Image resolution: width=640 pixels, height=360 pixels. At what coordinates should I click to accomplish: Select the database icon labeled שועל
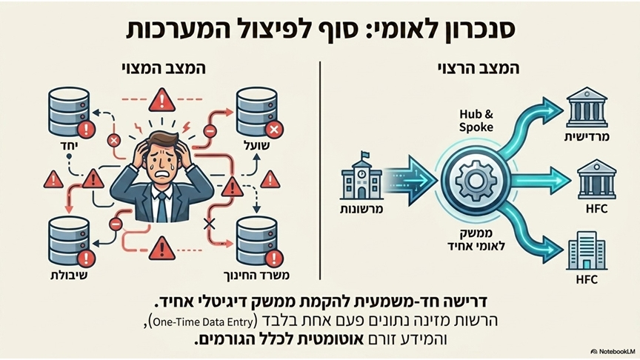point(257,112)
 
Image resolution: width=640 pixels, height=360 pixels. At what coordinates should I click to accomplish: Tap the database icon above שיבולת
point(69,241)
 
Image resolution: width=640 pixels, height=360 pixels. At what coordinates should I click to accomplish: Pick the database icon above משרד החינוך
point(257,241)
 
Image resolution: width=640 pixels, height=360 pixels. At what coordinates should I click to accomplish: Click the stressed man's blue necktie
point(161,207)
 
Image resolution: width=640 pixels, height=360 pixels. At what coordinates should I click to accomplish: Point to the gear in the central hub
point(476,180)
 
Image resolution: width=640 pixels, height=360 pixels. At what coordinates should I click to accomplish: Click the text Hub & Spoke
point(476,121)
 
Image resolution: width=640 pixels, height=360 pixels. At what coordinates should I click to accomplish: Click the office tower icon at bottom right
point(587,250)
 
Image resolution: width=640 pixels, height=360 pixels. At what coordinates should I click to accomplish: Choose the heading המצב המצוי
point(163,68)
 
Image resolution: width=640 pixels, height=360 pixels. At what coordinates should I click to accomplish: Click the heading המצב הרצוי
point(478,68)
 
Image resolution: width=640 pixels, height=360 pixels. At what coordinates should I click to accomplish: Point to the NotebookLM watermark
point(613,351)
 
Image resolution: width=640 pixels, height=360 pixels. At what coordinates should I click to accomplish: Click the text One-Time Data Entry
point(204,322)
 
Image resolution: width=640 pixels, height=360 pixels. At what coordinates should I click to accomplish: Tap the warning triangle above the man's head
point(162,101)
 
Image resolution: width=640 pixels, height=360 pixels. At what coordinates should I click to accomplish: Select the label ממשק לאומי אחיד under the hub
point(476,239)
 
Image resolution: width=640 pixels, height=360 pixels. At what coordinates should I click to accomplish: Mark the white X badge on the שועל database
point(274,130)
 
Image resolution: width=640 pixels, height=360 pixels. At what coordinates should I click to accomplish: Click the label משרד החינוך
point(257,276)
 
